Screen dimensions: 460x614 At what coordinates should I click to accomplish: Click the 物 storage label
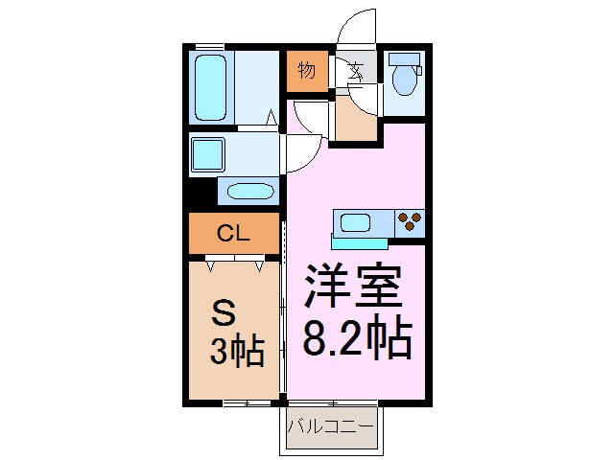pyautogui.click(x=306, y=70)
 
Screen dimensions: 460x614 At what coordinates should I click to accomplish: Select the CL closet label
pyautogui.click(x=233, y=232)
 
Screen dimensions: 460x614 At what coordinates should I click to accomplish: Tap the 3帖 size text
pyautogui.click(x=237, y=352)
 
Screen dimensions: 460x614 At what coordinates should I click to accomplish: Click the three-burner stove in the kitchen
pyautogui.click(x=411, y=222)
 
